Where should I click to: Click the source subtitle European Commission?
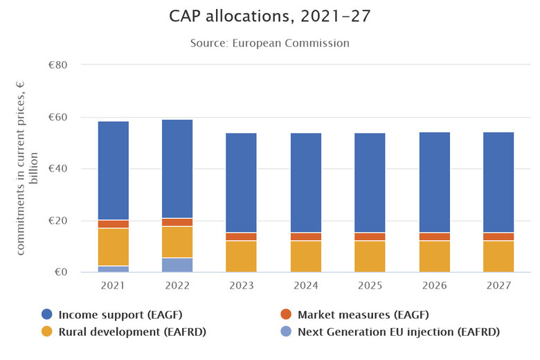pos(270,43)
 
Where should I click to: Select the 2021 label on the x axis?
pos(113,286)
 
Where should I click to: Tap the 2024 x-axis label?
pos(305,286)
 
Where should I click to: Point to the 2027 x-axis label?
pos(498,286)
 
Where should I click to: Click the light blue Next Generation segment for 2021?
pos(113,269)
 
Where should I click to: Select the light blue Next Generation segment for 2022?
pos(177,265)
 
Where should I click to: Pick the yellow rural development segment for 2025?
pos(370,256)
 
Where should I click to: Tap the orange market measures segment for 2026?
pos(434,237)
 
